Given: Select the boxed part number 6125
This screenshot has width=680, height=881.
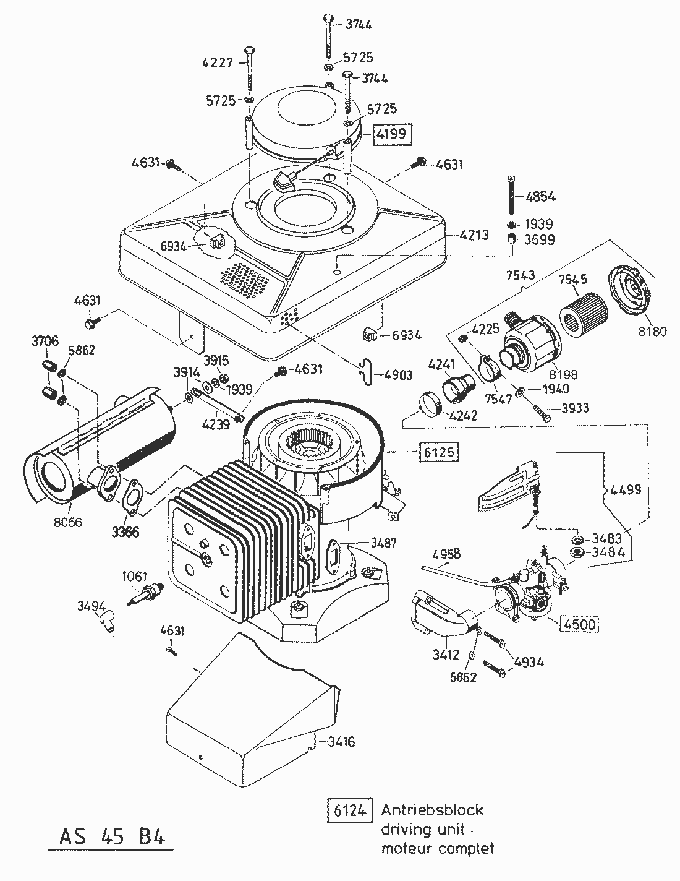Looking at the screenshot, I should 440,452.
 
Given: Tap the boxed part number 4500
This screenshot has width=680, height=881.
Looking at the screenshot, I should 579,624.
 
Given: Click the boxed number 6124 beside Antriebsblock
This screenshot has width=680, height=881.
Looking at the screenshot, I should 349,810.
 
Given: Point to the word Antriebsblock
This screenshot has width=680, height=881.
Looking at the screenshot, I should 432,810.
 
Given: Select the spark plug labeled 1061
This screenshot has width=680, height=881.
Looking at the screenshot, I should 147,595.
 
